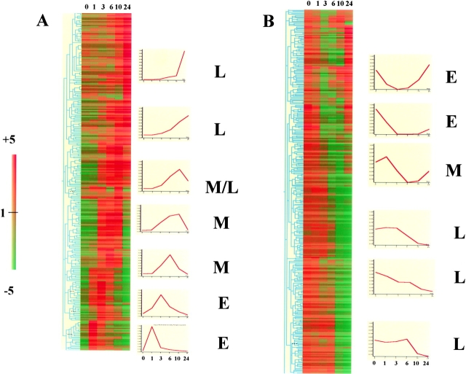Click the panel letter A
pyautogui.click(x=43, y=21)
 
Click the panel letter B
pyautogui.click(x=269, y=23)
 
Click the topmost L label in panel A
pyautogui.click(x=220, y=71)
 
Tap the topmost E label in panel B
pyautogui.click(x=451, y=75)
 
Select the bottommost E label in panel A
pyautogui.click(x=221, y=340)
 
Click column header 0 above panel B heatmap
pyautogui.click(x=309, y=4)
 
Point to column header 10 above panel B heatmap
pyautogui.click(x=339, y=4)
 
